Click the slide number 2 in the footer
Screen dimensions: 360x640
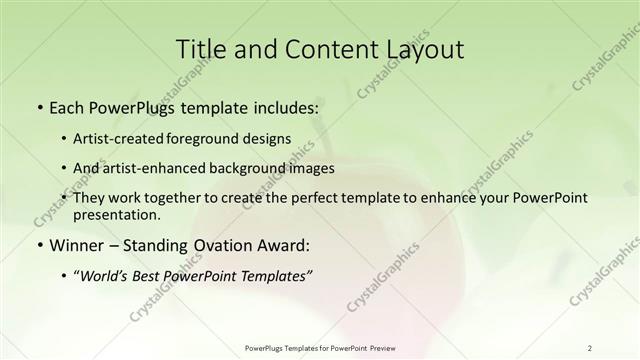tap(590, 347)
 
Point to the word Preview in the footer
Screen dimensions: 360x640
tap(389, 347)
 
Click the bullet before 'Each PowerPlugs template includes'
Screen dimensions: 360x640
tap(38, 105)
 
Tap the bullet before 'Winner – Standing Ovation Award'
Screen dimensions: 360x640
tap(38, 245)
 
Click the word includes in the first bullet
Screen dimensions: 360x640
tap(286, 105)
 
